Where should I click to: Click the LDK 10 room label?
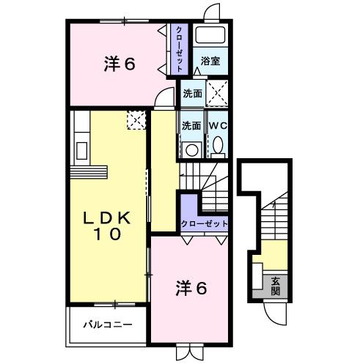(x=106, y=226)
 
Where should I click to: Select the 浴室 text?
(x=210, y=61)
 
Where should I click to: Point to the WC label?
(x=218, y=125)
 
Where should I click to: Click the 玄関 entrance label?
(x=275, y=285)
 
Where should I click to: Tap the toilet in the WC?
(x=218, y=147)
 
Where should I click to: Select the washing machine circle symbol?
(x=191, y=150)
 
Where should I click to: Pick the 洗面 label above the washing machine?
(x=191, y=125)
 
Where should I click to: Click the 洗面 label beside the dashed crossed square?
(x=192, y=93)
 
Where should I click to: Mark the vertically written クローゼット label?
(x=177, y=49)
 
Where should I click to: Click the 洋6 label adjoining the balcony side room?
(x=191, y=289)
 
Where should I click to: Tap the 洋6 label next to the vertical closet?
(x=119, y=64)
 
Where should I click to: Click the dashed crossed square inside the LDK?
(x=136, y=119)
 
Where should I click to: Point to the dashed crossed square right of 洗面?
(x=217, y=93)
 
